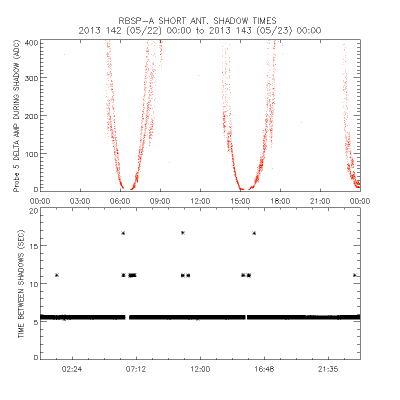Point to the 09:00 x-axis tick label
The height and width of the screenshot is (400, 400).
point(160,200)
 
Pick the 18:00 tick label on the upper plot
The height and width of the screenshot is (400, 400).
point(280,200)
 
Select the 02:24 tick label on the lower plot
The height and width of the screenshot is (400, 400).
point(72,368)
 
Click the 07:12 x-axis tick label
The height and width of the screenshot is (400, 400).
point(136,368)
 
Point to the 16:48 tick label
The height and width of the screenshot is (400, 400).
point(264,368)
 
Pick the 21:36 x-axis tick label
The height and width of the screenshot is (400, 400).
point(328,368)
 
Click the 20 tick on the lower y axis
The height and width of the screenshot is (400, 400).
point(33,210)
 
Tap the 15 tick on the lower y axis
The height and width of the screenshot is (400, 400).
point(33,246)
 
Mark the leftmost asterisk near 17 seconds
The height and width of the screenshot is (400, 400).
point(123,233)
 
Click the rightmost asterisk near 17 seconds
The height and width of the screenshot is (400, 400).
point(254,233)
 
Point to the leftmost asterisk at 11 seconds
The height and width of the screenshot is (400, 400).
point(57,275)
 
